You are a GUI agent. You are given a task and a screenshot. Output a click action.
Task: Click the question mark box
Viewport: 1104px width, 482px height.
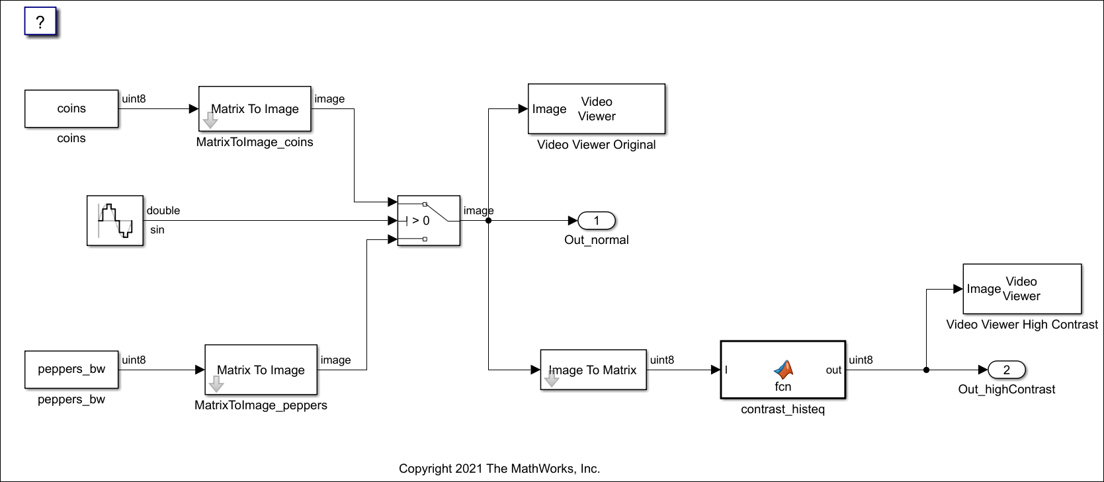coord(40,22)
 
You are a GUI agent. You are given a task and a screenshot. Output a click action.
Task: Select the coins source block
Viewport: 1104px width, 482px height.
coord(71,109)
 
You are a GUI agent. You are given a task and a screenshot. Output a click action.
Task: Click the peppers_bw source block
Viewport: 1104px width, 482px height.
coord(71,370)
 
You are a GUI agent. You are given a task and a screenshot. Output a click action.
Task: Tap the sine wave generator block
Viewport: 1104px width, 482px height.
coord(115,221)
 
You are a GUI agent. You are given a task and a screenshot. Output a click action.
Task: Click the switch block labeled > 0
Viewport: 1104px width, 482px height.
coord(429,221)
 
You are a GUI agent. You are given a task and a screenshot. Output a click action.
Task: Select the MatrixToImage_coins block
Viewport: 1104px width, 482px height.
coord(255,109)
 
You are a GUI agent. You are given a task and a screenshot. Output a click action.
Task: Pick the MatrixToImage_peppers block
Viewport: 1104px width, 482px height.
coord(261,370)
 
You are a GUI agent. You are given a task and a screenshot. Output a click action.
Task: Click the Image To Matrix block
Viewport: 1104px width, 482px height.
coord(593,370)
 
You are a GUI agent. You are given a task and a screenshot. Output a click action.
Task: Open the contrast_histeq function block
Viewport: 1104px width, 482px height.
coord(783,370)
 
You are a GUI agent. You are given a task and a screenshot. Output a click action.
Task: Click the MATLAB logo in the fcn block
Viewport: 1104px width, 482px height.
coord(783,370)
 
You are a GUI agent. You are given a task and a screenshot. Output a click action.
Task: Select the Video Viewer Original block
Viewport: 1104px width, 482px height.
coord(596,109)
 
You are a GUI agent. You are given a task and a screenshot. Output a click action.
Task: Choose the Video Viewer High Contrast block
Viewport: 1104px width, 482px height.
coord(1022,289)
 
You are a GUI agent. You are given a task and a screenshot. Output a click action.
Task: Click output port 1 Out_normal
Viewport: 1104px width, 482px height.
coord(597,221)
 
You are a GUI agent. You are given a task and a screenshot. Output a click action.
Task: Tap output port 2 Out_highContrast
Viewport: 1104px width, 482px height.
coord(1006,370)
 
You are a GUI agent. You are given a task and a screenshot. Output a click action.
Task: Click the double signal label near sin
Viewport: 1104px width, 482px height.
coord(163,210)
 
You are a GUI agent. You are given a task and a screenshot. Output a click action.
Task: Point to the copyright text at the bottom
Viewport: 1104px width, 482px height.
coord(499,469)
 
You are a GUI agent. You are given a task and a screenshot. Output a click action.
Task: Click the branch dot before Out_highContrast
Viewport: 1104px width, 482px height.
coord(926,370)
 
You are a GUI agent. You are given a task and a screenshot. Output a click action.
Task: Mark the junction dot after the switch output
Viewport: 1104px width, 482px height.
coord(488,221)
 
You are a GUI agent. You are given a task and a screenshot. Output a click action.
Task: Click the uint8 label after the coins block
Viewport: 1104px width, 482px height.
coord(134,99)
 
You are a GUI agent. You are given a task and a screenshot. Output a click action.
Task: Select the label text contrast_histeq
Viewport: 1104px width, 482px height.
coord(783,409)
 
